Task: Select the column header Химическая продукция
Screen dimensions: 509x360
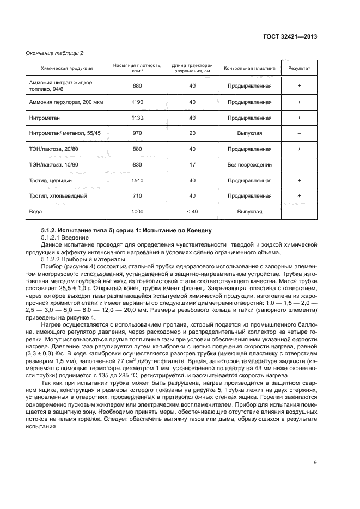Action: point(67,68)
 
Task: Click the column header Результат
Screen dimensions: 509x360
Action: point(299,68)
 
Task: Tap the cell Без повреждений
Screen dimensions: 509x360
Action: point(249,164)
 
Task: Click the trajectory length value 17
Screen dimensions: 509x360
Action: point(192,164)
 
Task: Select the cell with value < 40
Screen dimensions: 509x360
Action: point(192,212)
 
